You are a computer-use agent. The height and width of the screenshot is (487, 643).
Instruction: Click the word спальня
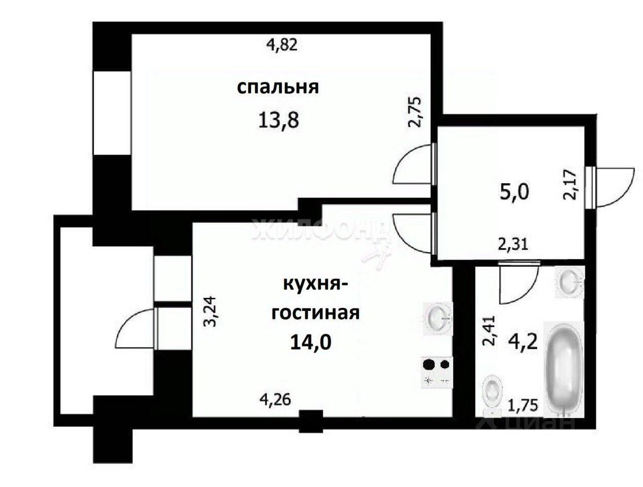tap(278, 88)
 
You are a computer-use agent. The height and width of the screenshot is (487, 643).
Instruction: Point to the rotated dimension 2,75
tap(415, 112)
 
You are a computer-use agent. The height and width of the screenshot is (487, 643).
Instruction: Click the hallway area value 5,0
tap(514, 192)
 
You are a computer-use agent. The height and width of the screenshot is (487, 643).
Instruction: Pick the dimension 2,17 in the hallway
tap(570, 185)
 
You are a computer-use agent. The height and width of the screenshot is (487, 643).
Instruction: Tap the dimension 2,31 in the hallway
tap(513, 245)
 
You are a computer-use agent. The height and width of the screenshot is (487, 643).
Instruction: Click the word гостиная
tap(316, 313)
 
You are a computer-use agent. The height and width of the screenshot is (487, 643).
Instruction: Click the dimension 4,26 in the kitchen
tap(275, 399)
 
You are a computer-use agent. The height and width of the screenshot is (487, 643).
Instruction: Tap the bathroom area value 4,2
tap(524, 342)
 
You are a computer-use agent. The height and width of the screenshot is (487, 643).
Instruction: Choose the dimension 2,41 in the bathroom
tap(488, 331)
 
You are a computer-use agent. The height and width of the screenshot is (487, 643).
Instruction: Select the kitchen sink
tap(438, 318)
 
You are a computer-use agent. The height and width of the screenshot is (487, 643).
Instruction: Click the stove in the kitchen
tap(437, 373)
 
